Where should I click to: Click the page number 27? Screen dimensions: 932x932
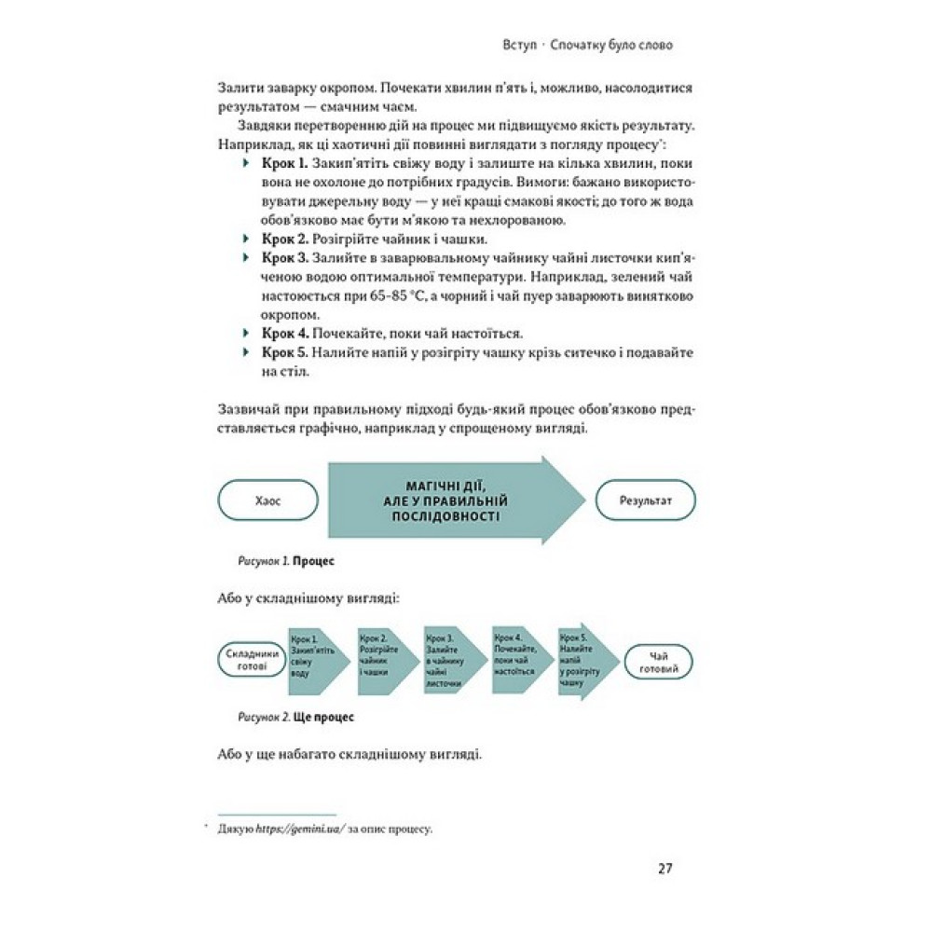click(665, 869)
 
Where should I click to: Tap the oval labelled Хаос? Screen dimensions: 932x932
click(267, 500)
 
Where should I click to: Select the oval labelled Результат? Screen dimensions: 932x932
click(645, 500)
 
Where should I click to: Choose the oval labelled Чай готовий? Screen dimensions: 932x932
click(658, 661)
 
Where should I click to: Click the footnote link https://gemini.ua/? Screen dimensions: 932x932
click(297, 829)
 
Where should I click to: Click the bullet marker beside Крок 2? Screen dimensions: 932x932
click(246, 239)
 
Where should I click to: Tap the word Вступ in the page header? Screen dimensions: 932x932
click(516, 45)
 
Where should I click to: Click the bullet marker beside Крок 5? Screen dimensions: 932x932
click(246, 352)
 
